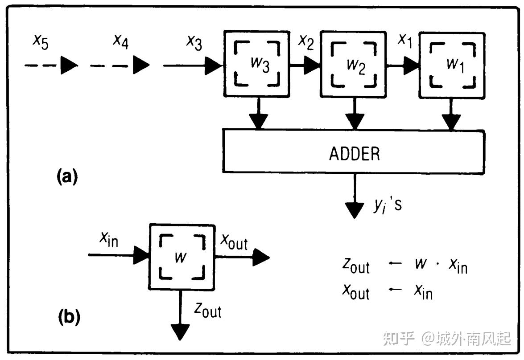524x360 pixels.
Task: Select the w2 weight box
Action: [354, 64]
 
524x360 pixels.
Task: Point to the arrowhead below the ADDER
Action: [355, 209]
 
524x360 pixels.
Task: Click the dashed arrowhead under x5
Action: [69, 66]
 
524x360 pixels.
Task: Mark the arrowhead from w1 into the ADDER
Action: [451, 121]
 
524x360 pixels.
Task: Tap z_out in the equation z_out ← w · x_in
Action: [355, 266]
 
